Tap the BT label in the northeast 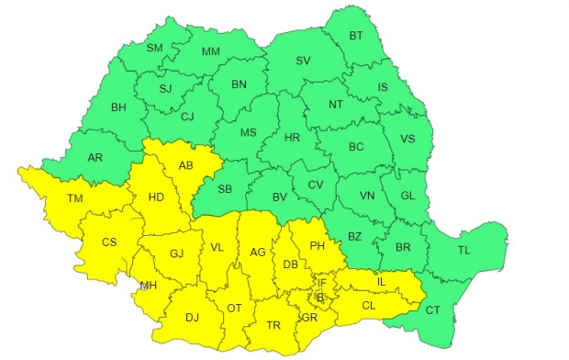(356, 37)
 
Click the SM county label (154, 49)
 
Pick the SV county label (303, 62)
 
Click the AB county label (184, 167)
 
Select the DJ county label (192, 317)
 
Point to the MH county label (147, 286)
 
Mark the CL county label (368, 304)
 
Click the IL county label (381, 281)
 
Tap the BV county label (281, 197)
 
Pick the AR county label (95, 157)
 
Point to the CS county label (108, 242)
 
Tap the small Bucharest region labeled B (319, 297)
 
